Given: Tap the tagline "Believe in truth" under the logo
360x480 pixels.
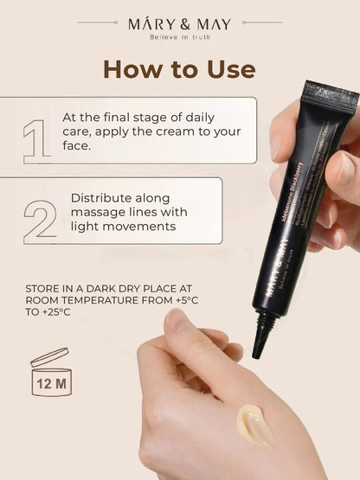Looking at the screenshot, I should pos(179,36).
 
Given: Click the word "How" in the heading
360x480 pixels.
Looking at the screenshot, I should pos(132,69).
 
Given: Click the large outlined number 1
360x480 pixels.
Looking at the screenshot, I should pos(37,140).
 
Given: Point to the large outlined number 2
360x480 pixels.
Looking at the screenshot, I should pos(39,221).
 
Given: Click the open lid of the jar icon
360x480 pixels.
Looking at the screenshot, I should pos(48,355).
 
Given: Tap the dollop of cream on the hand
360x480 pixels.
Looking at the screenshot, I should pos(256,426).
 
